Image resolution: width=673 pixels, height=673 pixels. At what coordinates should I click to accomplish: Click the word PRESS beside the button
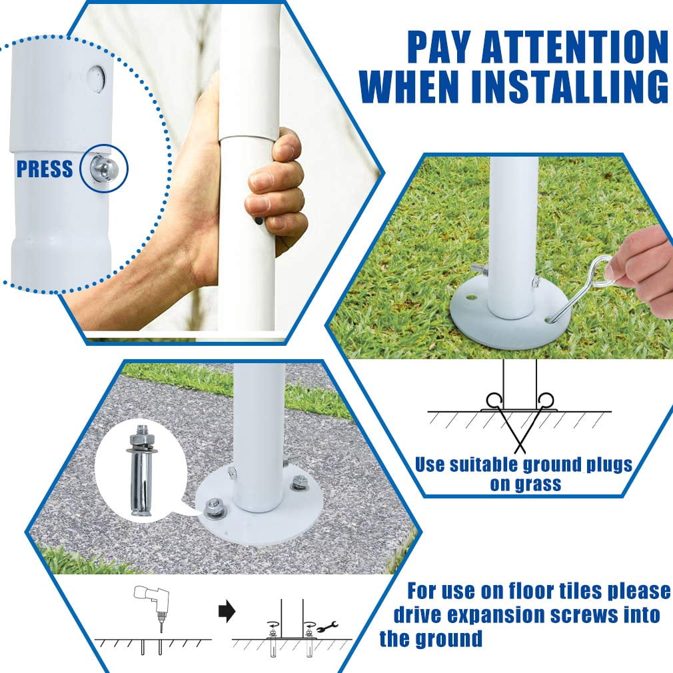tap(45, 169)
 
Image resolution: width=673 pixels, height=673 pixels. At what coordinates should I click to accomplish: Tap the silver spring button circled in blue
tap(103, 168)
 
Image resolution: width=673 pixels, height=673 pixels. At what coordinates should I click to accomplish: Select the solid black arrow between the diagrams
tap(227, 610)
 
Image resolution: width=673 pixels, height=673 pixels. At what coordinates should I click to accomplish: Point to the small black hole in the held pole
tap(259, 221)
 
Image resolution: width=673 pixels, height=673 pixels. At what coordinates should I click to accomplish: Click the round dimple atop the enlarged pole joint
tap(97, 77)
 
